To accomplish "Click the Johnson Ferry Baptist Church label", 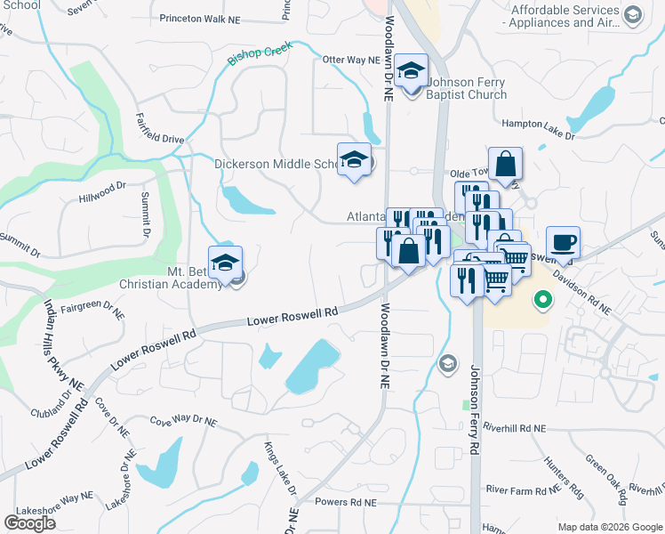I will [x=467, y=89].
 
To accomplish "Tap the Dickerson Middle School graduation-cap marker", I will [x=355, y=160].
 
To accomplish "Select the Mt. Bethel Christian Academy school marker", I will [x=226, y=263].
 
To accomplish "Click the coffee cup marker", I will [x=563, y=242].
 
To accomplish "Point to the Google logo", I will [x=29, y=523].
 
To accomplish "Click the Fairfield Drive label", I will [x=160, y=128].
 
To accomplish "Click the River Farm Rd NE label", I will [x=523, y=489].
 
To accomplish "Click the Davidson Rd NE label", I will [x=581, y=292].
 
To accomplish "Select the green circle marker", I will [x=541, y=302].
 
